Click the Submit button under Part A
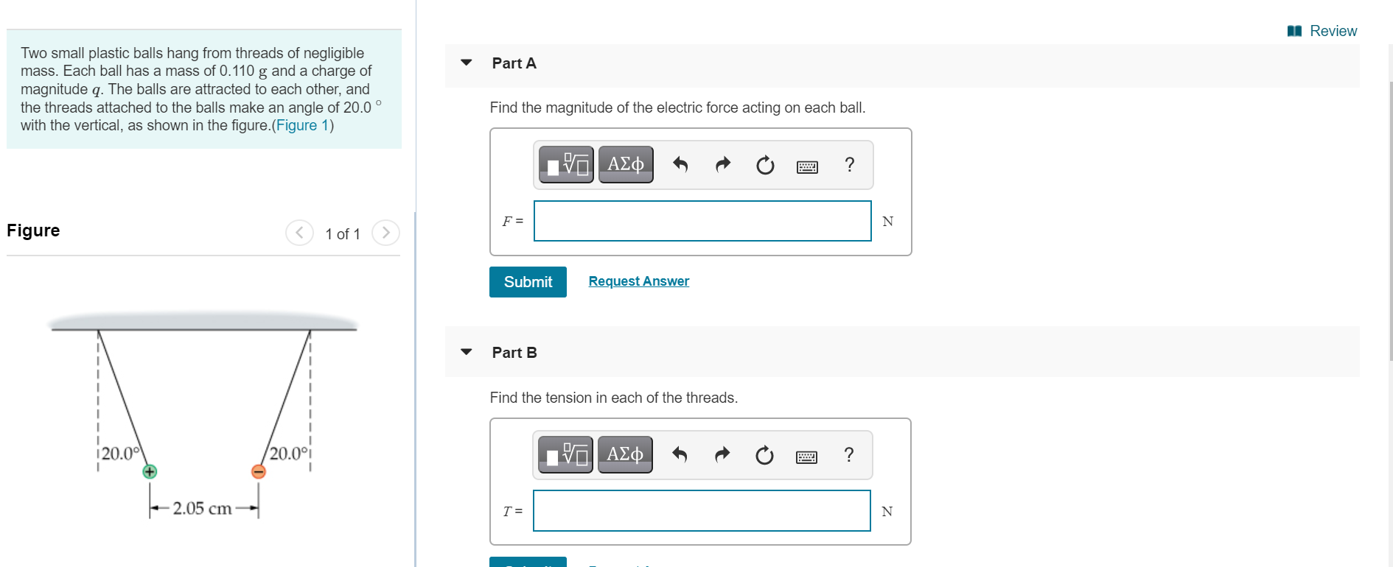(528, 282)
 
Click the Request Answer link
(638, 281)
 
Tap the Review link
(1323, 31)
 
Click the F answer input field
(702, 221)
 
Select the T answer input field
(701, 511)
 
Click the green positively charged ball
(150, 471)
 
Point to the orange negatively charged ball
(259, 471)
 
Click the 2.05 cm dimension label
(202, 508)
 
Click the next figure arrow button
(385, 233)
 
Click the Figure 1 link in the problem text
(302, 125)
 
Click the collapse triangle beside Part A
(466, 63)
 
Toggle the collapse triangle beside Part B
(466, 352)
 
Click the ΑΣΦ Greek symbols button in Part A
(626, 164)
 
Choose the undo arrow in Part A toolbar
(680, 165)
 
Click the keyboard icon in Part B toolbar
(806, 457)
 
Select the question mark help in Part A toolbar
(850, 164)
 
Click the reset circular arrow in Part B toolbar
(764, 455)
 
